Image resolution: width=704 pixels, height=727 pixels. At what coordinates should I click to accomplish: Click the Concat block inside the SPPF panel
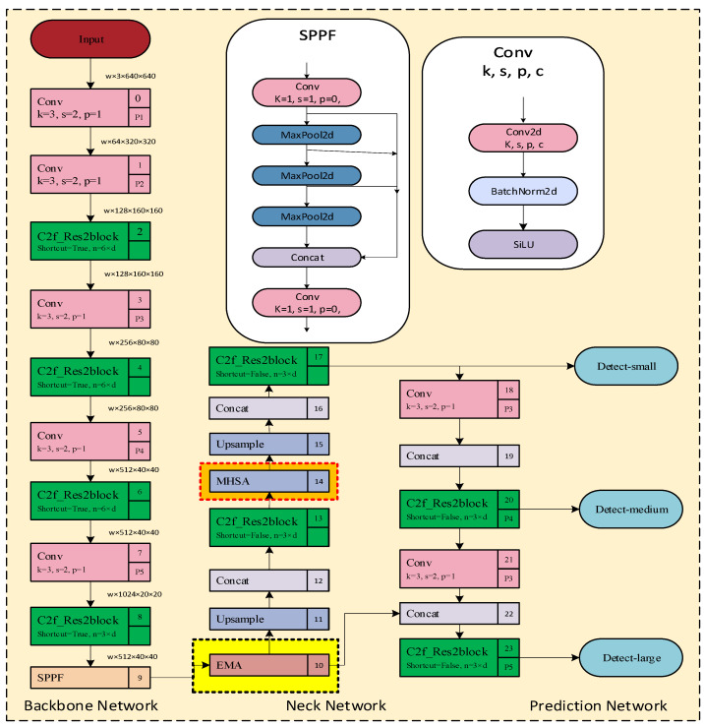pyautogui.click(x=309, y=256)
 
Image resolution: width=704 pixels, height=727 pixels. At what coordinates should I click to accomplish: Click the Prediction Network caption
pyautogui.click(x=598, y=705)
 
